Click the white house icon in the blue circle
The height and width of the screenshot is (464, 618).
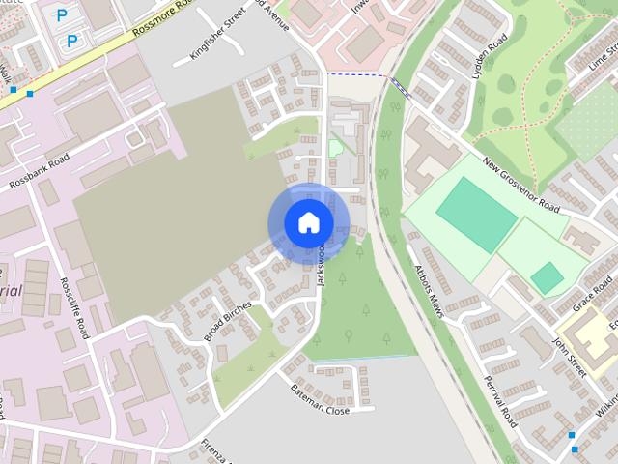click(x=308, y=223)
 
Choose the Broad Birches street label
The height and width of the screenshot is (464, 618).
click(x=227, y=321)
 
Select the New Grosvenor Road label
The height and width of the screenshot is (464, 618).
click(x=520, y=186)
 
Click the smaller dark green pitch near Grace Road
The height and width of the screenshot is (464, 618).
click(x=547, y=278)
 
